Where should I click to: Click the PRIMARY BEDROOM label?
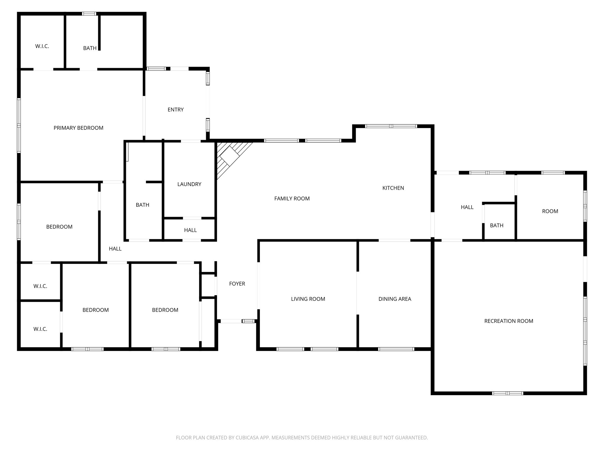coord(78,128)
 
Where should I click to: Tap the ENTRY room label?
coord(175,109)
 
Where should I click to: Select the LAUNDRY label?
coord(189,184)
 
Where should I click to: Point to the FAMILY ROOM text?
coord(292,198)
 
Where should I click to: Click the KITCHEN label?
coord(393,188)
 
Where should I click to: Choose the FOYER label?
coord(237,284)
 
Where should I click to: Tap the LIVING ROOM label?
coord(308,299)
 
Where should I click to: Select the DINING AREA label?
coord(395,299)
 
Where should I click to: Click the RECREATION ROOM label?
coord(508,321)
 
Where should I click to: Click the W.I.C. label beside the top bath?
coord(42,46)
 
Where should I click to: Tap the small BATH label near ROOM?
coord(496,225)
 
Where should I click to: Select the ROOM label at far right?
coord(550,211)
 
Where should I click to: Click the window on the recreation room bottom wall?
coord(507,393)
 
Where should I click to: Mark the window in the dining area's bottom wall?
coord(396,349)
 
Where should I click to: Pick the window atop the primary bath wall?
coord(89,14)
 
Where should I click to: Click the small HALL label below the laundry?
coord(190,230)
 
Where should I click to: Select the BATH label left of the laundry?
coord(142,205)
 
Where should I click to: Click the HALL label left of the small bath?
coord(467,207)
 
